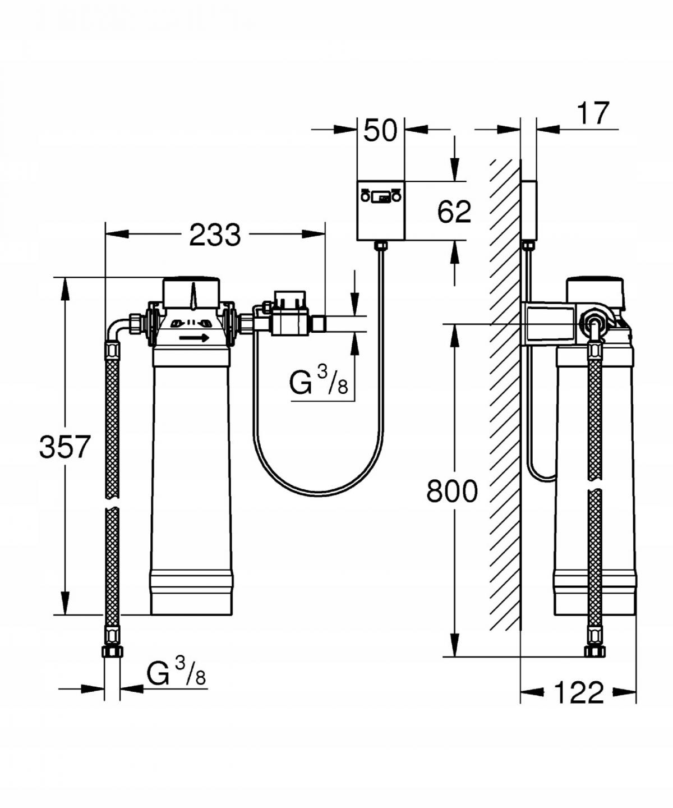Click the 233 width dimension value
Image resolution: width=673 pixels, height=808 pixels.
pyautogui.click(x=215, y=235)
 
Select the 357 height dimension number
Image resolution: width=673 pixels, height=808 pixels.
pyautogui.click(x=64, y=447)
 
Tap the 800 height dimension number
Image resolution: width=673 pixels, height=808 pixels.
pyautogui.click(x=451, y=491)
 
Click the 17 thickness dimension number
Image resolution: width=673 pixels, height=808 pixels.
pyautogui.click(x=593, y=114)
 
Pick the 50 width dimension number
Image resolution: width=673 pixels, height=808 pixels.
pyautogui.click(x=380, y=131)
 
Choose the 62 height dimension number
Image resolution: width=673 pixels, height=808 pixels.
pyautogui.click(x=454, y=212)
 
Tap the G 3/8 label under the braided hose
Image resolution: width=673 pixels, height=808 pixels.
pyautogui.click(x=176, y=672)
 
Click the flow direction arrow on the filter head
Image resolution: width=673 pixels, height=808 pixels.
pyautogui.click(x=194, y=338)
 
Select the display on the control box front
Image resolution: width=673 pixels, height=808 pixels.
pyautogui.click(x=381, y=198)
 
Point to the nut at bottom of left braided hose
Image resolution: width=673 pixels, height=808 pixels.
pyautogui.click(x=112, y=651)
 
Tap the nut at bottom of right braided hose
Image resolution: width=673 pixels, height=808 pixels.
pyautogui.click(x=594, y=651)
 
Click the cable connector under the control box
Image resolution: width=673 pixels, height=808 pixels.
pyautogui.click(x=381, y=246)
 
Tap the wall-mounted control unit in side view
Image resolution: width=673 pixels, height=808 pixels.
pyautogui.click(x=529, y=209)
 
